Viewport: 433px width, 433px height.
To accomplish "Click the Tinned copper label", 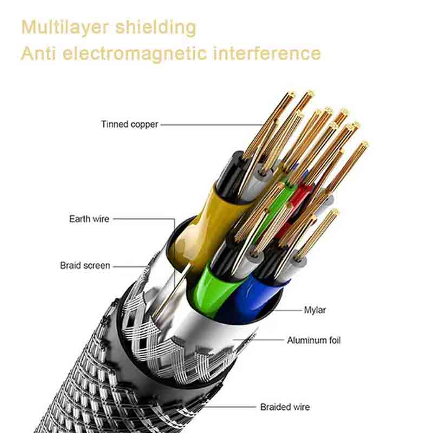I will click(129, 124).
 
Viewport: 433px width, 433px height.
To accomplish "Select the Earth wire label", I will click(89, 219).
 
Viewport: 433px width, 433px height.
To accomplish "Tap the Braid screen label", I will click(84, 266).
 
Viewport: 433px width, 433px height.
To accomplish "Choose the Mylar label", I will click(314, 311).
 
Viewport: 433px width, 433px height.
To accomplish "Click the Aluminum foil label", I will click(313, 340).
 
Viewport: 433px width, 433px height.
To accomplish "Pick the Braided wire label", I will click(285, 407).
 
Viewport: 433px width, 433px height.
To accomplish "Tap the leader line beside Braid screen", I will click(130, 266).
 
